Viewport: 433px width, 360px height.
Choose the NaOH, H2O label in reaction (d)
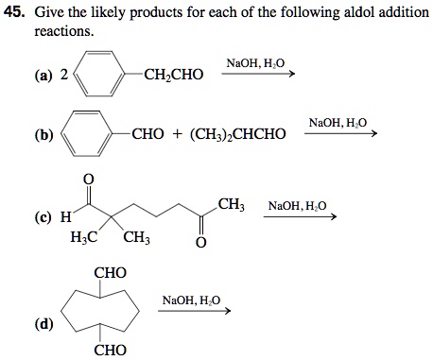(x=191, y=300)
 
